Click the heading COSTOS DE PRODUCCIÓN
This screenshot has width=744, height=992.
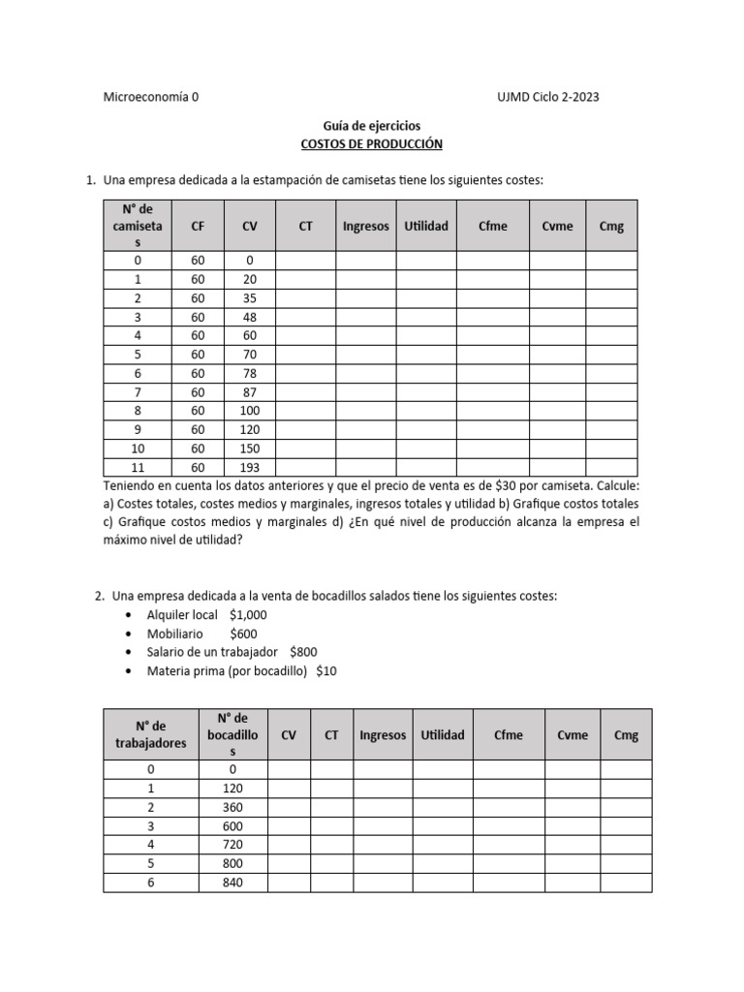pos(372,143)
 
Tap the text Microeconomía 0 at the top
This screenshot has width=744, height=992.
pos(150,97)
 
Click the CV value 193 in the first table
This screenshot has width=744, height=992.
pos(249,468)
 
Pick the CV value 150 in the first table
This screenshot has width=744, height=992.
pos(249,449)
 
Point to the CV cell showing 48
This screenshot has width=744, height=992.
pos(249,316)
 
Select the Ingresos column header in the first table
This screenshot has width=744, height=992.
pos(365,226)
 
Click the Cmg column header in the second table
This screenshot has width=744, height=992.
pos(626,734)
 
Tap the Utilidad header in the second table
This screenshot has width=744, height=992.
pos(443,734)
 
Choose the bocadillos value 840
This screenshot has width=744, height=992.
pos(232,882)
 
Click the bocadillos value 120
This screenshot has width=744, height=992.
pos(232,789)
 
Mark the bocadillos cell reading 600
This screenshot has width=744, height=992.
pos(232,826)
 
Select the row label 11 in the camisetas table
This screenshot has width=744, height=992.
pos(138,468)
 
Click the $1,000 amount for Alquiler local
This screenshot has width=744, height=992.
pos(249,615)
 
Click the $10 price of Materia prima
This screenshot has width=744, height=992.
pos(325,670)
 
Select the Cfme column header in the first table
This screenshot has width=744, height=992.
pos(492,226)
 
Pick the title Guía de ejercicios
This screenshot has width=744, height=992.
pos(372,125)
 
